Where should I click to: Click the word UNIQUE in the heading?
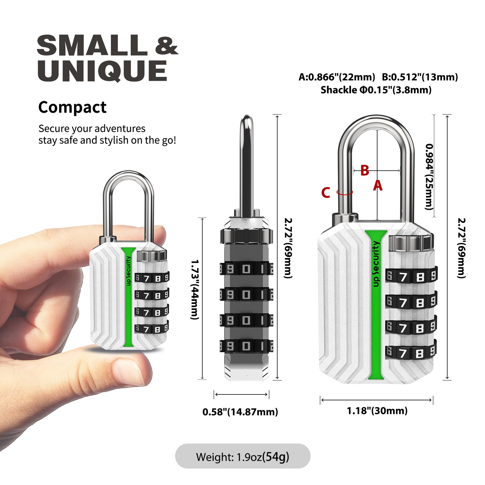(102, 71)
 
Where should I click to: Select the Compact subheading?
(72, 107)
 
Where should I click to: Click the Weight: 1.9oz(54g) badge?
(242, 457)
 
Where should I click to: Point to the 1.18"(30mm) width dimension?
(377, 411)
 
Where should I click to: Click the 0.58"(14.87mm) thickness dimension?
(240, 412)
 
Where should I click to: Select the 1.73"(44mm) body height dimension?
(195, 290)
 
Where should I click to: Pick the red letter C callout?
(326, 193)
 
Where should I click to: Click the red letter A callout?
(378, 186)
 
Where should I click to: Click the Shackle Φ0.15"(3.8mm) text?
(376, 90)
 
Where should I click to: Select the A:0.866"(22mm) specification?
(337, 77)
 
